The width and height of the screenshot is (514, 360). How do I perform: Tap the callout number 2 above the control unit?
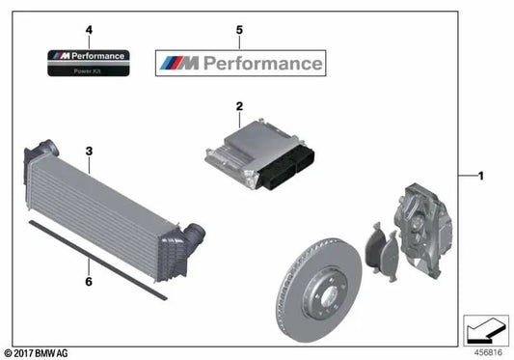click(x=237, y=105)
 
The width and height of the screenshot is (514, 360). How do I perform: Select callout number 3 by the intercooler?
click(x=89, y=151)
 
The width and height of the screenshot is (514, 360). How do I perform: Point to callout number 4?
click(x=88, y=31)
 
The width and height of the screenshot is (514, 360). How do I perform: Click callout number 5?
click(x=239, y=31)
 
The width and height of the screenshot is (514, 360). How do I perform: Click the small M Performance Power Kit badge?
click(x=88, y=63)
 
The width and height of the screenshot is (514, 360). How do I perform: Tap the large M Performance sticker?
click(x=240, y=65)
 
